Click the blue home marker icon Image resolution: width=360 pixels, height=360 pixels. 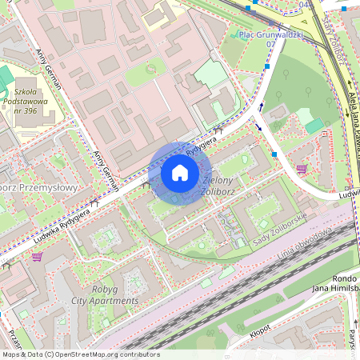[180, 173]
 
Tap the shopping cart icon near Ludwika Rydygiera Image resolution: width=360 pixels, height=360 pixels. [37, 257]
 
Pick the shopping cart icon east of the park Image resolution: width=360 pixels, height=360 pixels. [301, 169]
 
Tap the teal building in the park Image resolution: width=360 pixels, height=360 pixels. [314, 126]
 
